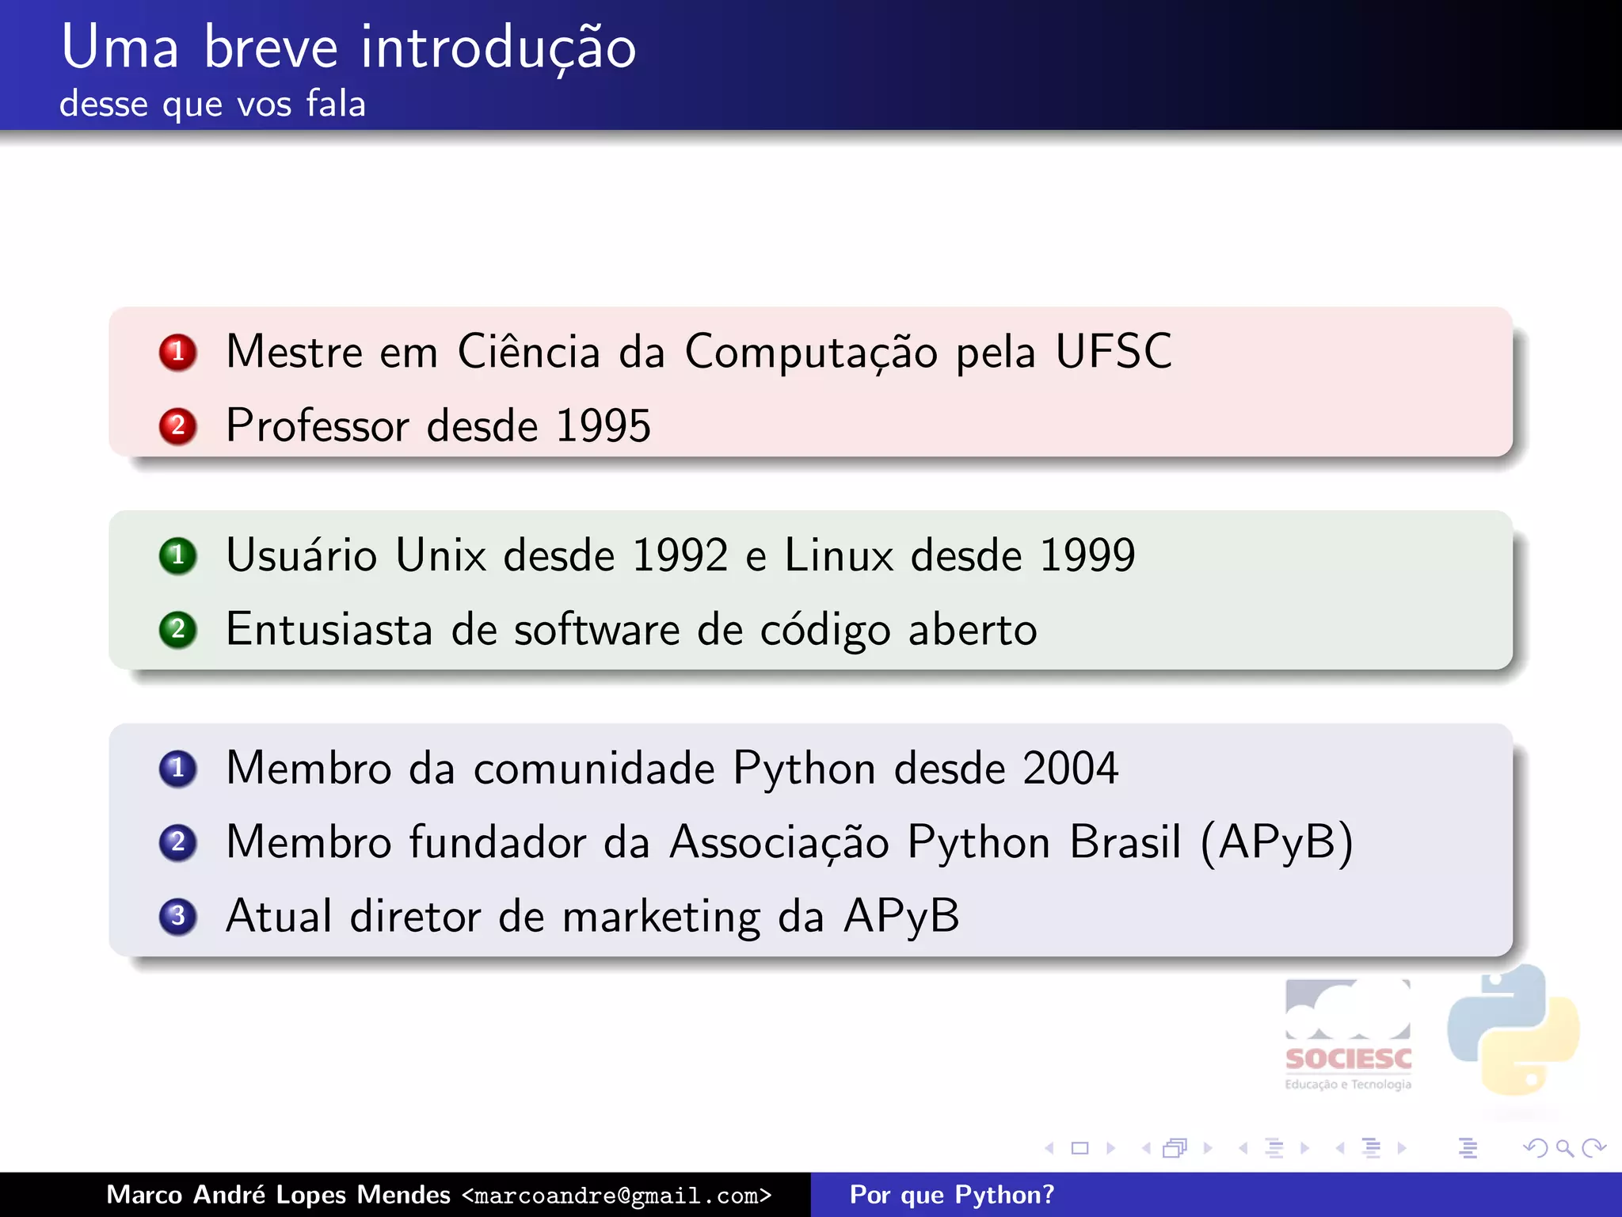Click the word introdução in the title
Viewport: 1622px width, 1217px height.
(x=498, y=48)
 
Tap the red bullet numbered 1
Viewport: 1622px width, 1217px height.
(x=177, y=352)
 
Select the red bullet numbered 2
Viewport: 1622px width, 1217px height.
(x=177, y=426)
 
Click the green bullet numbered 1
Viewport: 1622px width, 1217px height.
(x=177, y=555)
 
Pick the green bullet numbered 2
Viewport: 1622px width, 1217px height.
(x=177, y=630)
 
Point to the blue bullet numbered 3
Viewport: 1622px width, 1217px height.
(x=177, y=917)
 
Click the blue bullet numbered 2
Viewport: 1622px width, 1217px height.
(x=177, y=842)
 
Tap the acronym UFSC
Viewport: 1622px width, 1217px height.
(x=1114, y=351)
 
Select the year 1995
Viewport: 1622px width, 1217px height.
(x=603, y=425)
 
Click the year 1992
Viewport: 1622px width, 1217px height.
(x=680, y=555)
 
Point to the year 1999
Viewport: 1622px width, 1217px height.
(x=1087, y=555)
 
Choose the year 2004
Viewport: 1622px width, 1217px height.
(x=1070, y=768)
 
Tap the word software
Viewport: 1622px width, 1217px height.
(x=596, y=630)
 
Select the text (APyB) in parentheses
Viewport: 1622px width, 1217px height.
(x=1277, y=842)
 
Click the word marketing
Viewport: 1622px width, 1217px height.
(x=661, y=917)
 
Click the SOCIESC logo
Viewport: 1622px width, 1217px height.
(x=1348, y=1035)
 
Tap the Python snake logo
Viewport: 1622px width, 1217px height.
(x=1513, y=1030)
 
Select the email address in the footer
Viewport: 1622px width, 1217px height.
(x=616, y=1195)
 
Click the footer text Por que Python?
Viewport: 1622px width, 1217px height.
(x=951, y=1195)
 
